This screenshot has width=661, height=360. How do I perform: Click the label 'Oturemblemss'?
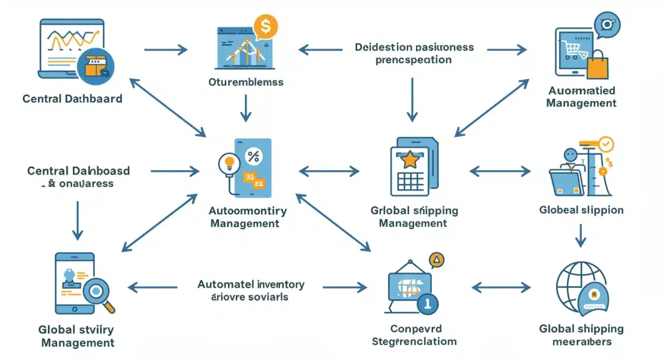coord(246,83)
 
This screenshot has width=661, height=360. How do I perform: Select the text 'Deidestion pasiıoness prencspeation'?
coord(414,53)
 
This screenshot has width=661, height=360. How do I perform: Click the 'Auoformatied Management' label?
coord(582,96)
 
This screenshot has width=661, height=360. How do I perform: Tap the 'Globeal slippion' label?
coord(582,210)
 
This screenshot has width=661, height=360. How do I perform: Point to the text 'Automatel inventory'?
coord(251,285)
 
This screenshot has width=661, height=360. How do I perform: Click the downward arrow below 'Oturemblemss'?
coord(246,107)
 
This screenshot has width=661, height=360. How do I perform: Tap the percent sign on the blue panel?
coord(253,156)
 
